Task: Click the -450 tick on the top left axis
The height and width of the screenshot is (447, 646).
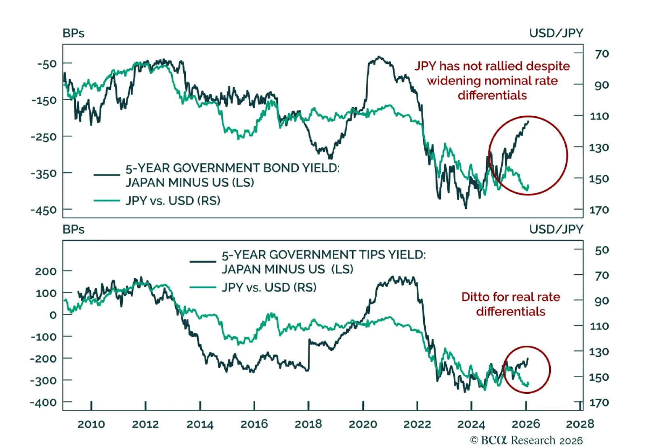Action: pyautogui.click(x=44, y=210)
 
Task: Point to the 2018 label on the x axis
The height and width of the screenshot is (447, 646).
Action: pyautogui.click(x=308, y=424)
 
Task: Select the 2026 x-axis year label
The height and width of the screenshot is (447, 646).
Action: pyautogui.click(x=526, y=424)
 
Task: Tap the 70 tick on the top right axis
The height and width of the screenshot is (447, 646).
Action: pyautogui.click(x=602, y=54)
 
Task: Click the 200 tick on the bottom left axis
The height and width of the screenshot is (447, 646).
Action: pyautogui.click(x=46, y=271)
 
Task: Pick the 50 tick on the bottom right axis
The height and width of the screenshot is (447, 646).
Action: pyautogui.click(x=602, y=250)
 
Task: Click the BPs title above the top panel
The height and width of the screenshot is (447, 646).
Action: pyautogui.click(x=73, y=33)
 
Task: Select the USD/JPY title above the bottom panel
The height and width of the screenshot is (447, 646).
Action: pyautogui.click(x=556, y=229)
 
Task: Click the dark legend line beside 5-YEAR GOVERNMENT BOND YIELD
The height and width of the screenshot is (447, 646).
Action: pyautogui.click(x=107, y=175)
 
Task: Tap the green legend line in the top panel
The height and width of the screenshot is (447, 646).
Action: pyautogui.click(x=107, y=200)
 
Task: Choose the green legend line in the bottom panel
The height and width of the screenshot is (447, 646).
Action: pyautogui.click(x=203, y=288)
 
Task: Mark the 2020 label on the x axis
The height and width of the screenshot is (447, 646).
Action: pyautogui.click(x=363, y=424)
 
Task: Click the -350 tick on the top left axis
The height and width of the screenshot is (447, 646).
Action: pyautogui.click(x=44, y=174)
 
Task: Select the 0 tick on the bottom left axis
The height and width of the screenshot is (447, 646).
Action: pyautogui.click(x=53, y=315)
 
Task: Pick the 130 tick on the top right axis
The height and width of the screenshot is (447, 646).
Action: pyautogui.click(x=599, y=147)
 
